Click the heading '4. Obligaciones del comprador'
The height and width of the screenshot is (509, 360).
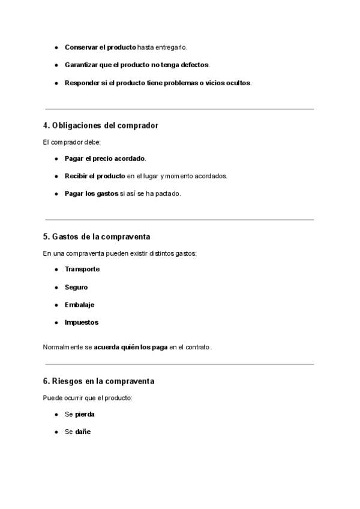point(101,125)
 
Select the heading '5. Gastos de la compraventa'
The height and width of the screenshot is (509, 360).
point(97,236)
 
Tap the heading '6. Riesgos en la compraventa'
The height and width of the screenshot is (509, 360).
point(99,381)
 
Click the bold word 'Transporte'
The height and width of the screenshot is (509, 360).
point(82,269)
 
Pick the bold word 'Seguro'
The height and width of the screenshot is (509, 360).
point(76,287)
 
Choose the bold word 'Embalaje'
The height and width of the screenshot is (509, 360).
point(79,305)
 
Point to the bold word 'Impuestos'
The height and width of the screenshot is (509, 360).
point(82,322)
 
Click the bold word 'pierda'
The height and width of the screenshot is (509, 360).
point(85,414)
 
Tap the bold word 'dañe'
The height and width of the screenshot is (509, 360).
point(83,432)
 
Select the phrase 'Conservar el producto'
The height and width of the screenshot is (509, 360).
point(100,47)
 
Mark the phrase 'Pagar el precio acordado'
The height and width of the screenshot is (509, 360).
point(105,158)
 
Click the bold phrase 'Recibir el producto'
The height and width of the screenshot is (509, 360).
point(95,176)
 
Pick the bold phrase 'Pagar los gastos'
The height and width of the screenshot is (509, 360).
point(91,193)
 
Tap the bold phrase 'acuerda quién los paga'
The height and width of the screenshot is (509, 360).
point(130,347)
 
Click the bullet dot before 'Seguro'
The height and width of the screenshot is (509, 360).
point(56,287)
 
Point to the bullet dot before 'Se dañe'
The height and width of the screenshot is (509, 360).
point(56,432)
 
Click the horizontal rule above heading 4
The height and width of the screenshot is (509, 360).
point(179,109)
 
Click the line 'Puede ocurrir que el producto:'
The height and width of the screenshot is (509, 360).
point(88,398)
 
